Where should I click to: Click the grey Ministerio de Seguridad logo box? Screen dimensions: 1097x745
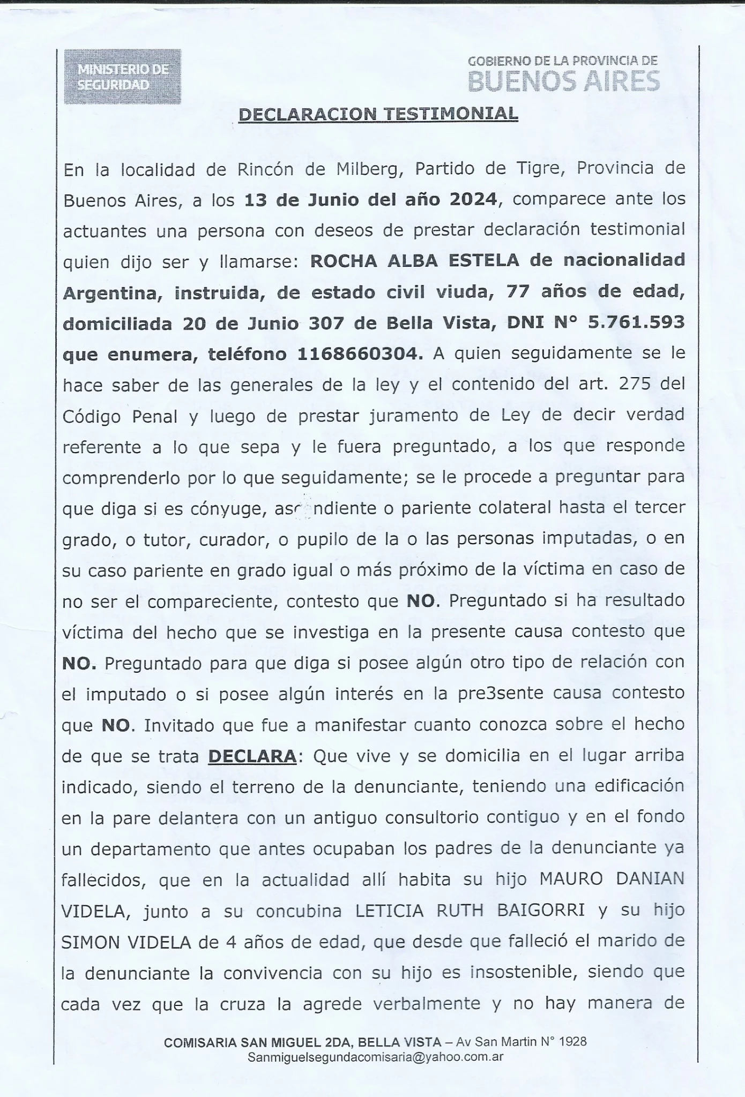(x=123, y=77)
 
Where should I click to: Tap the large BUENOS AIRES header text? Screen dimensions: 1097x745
(x=563, y=81)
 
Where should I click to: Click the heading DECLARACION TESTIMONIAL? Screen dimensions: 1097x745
(x=378, y=114)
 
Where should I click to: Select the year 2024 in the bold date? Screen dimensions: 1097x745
(x=473, y=199)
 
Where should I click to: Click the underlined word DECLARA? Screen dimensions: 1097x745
(x=252, y=756)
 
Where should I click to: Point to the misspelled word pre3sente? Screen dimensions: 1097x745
(x=494, y=694)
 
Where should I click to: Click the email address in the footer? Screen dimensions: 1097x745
(x=375, y=1057)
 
